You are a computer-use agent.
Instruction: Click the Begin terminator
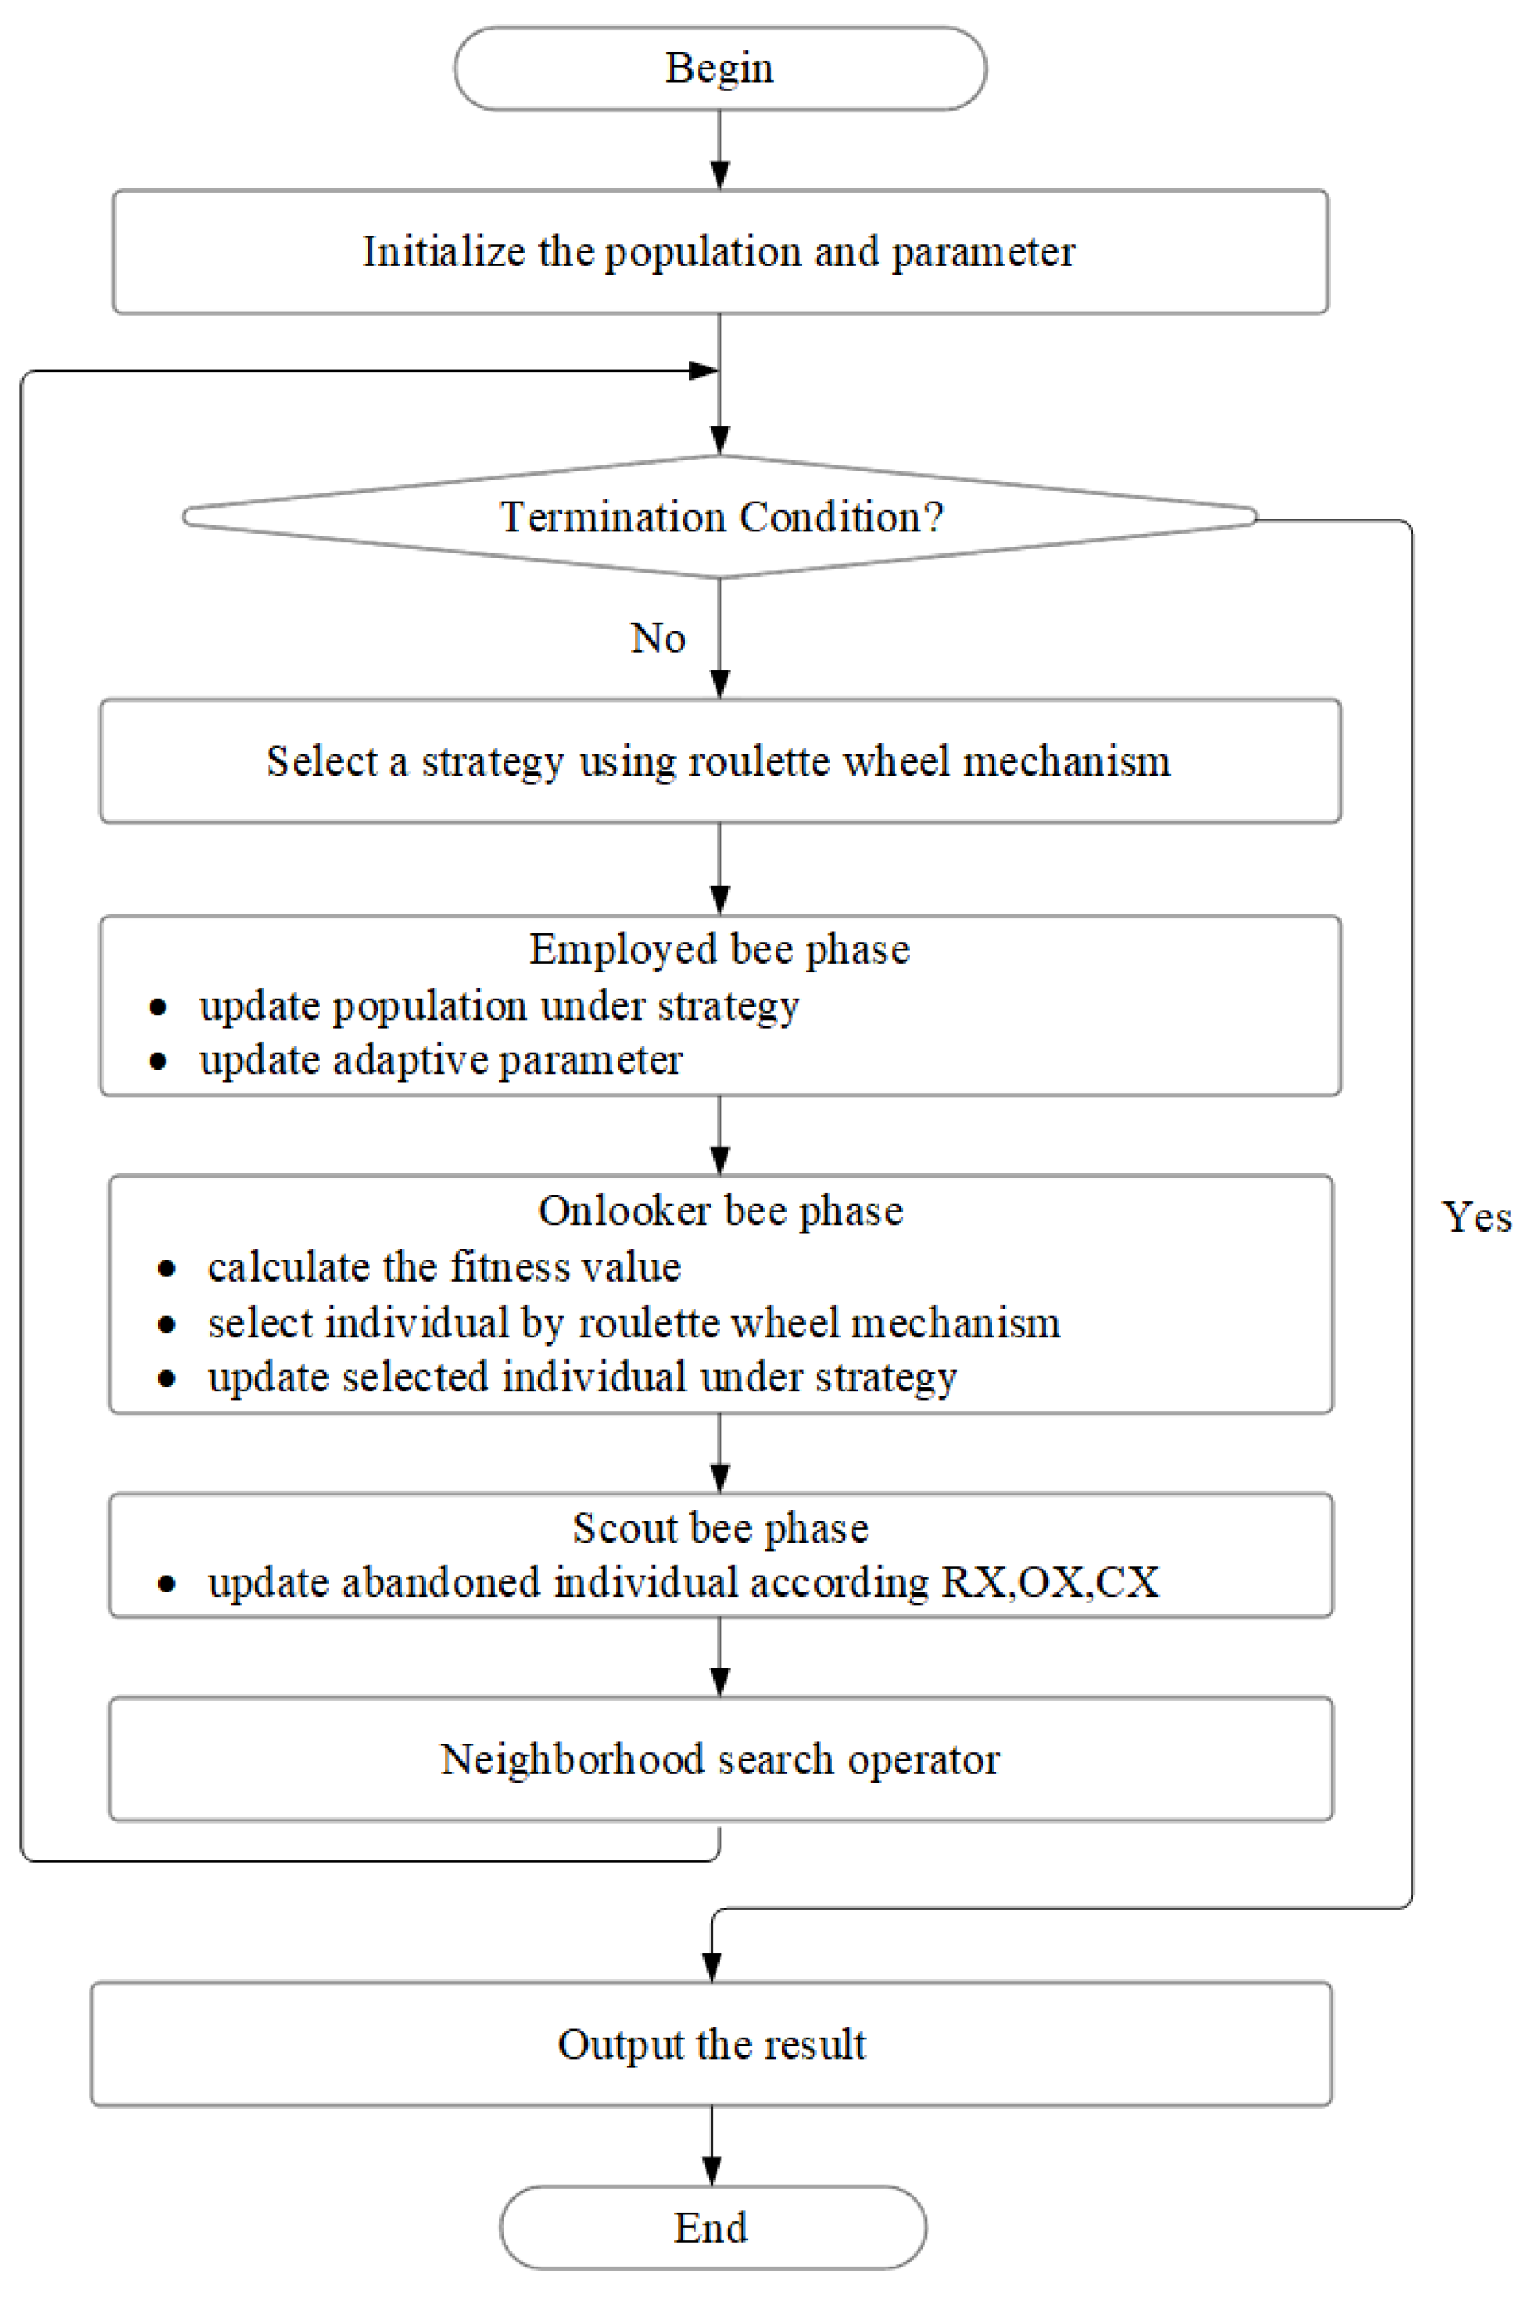pos(719,68)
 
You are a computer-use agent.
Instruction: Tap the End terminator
pos(712,2227)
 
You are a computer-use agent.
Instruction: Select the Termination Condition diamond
pos(720,517)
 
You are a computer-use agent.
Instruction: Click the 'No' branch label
pos(657,638)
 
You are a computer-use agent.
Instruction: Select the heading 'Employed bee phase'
pos(719,950)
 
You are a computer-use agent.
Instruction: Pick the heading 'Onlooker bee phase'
pos(720,1210)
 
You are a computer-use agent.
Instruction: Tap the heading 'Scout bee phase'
pos(720,1527)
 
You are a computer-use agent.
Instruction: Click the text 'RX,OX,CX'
pos(1050,1582)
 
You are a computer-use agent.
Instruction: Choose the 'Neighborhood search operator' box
pos(720,1760)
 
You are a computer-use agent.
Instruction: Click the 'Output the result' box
pos(711,2044)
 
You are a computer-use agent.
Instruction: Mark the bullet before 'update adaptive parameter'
pos(158,1062)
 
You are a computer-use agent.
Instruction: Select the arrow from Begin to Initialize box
pos(720,150)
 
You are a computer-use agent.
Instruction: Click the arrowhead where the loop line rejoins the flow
pos(704,371)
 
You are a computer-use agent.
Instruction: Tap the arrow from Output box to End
pos(712,2145)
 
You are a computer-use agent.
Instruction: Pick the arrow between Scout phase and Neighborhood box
pos(720,1656)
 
